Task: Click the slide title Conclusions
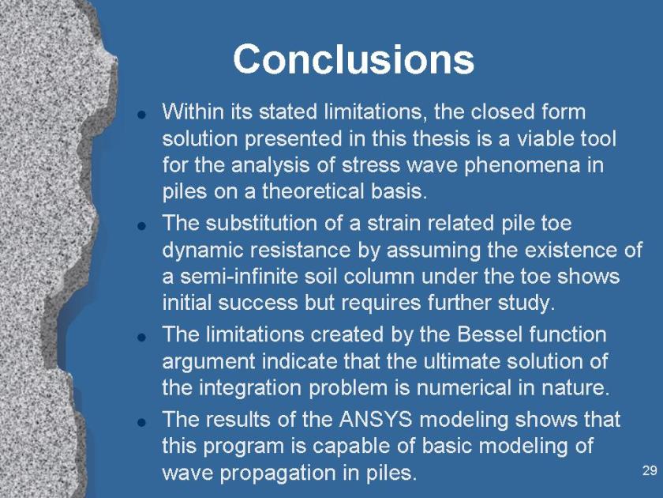tap(354, 59)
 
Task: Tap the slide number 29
tap(649, 470)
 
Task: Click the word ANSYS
tap(376, 419)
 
